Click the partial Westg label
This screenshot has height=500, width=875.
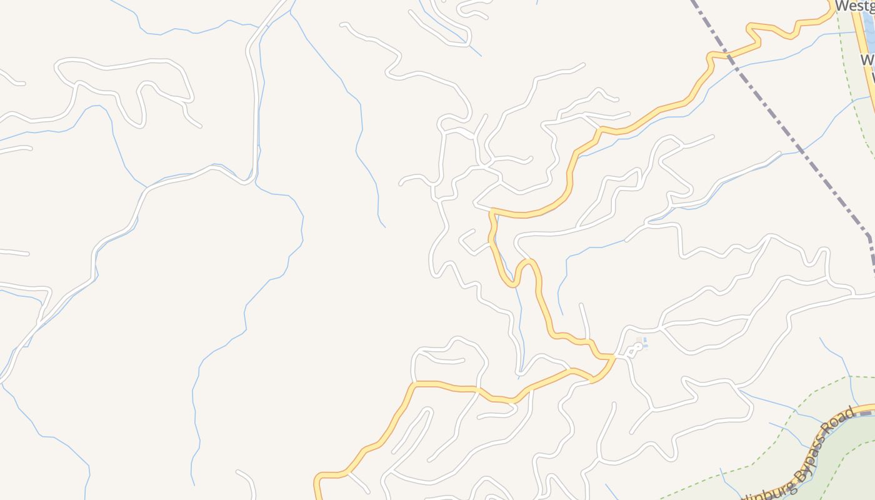854,6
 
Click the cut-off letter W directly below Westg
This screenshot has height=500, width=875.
868,60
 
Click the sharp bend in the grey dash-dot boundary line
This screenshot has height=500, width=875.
868,236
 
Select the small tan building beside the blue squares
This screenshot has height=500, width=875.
639,341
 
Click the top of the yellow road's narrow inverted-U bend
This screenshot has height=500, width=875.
527,261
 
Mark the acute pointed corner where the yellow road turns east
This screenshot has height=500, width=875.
492,211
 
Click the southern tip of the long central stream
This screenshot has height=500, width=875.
384,226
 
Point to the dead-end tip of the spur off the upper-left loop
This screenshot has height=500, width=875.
200,126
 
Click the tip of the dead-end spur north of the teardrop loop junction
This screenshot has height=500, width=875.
582,305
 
